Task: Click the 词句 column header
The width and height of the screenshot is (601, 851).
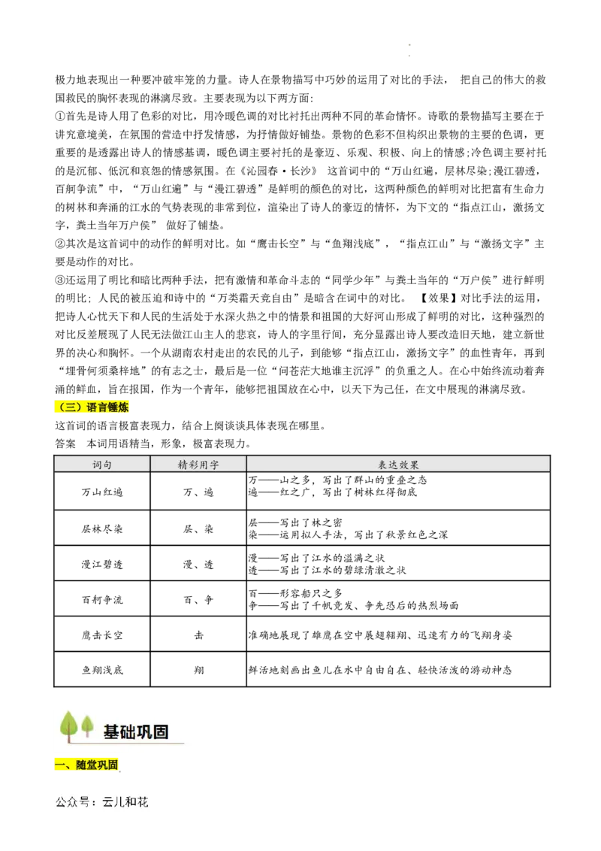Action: (102, 465)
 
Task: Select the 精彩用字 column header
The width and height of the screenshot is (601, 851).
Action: (198, 465)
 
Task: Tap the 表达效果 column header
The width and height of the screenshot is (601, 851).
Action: (398, 465)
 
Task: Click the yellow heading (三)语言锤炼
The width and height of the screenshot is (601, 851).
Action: (92, 407)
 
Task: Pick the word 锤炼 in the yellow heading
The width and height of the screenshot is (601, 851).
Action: (118, 407)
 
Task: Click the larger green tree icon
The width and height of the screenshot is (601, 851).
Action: (69, 725)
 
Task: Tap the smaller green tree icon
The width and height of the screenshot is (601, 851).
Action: (88, 725)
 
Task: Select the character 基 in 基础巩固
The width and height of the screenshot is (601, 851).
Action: (111, 731)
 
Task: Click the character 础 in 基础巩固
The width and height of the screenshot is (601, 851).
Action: (128, 731)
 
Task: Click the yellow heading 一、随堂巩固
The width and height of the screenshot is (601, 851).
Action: (86, 765)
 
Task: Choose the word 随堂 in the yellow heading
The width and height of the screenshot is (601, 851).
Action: (86, 765)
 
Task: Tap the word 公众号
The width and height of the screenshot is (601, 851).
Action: (71, 802)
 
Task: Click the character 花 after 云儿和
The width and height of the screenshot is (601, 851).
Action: (142, 802)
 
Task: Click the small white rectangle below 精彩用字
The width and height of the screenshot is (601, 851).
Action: (216, 484)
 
